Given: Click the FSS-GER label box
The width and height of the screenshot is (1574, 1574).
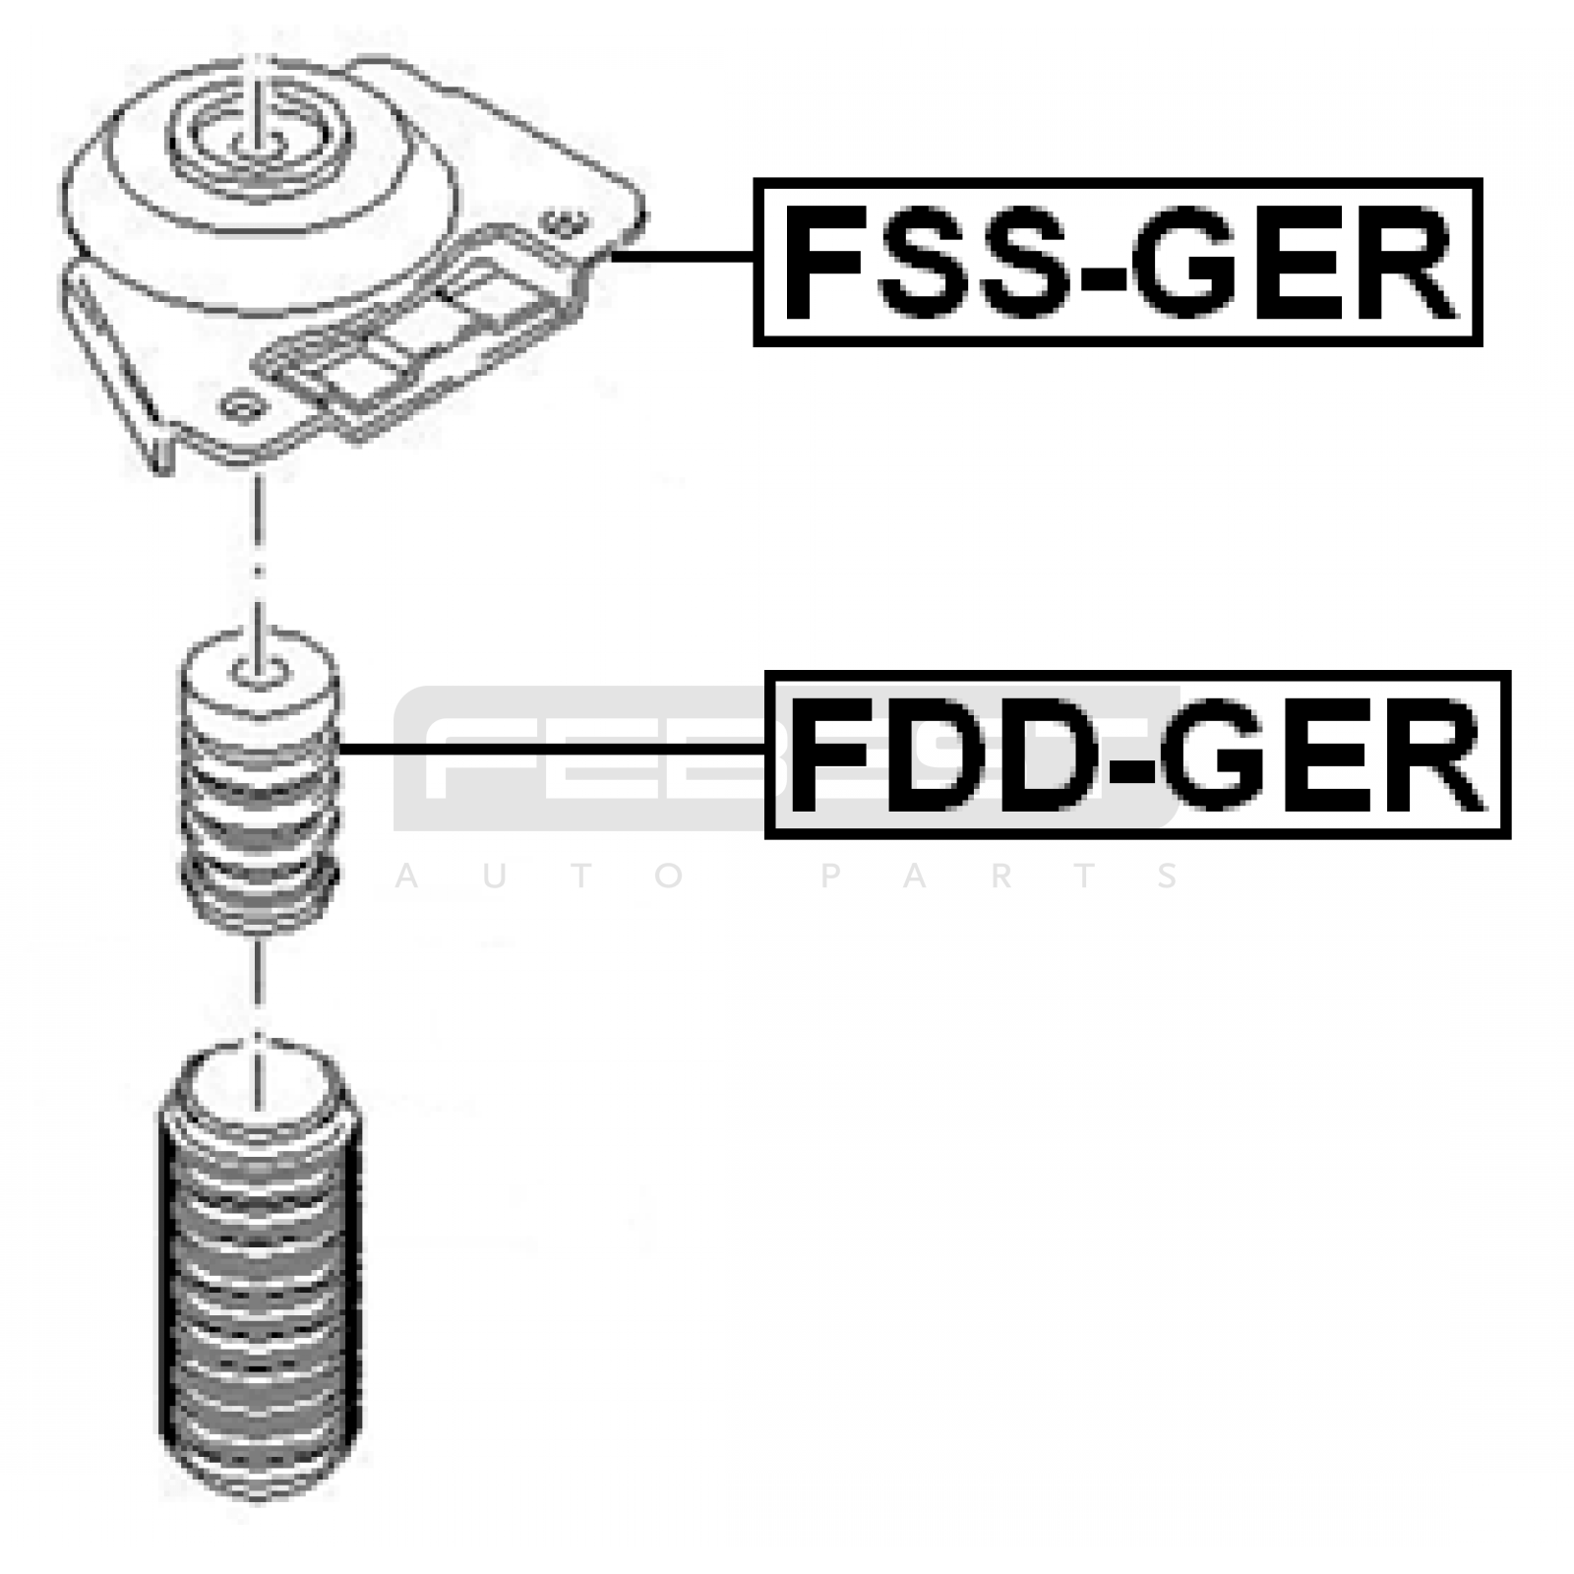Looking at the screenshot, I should [1118, 262].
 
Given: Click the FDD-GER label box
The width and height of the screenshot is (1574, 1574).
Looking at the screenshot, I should [1137, 755].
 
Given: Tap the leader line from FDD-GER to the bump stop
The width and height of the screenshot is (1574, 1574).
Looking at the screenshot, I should [551, 750].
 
